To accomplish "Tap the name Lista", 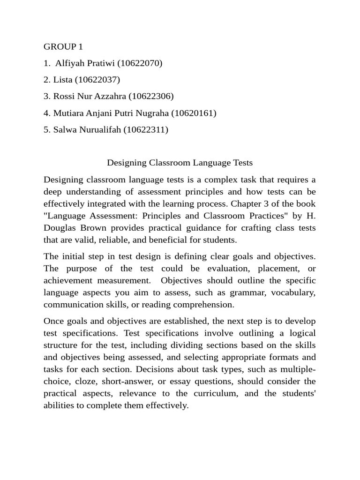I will point(62,80).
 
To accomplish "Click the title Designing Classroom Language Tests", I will point(180,163).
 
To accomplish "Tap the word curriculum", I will point(216,393).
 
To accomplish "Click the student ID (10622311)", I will point(145,130).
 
